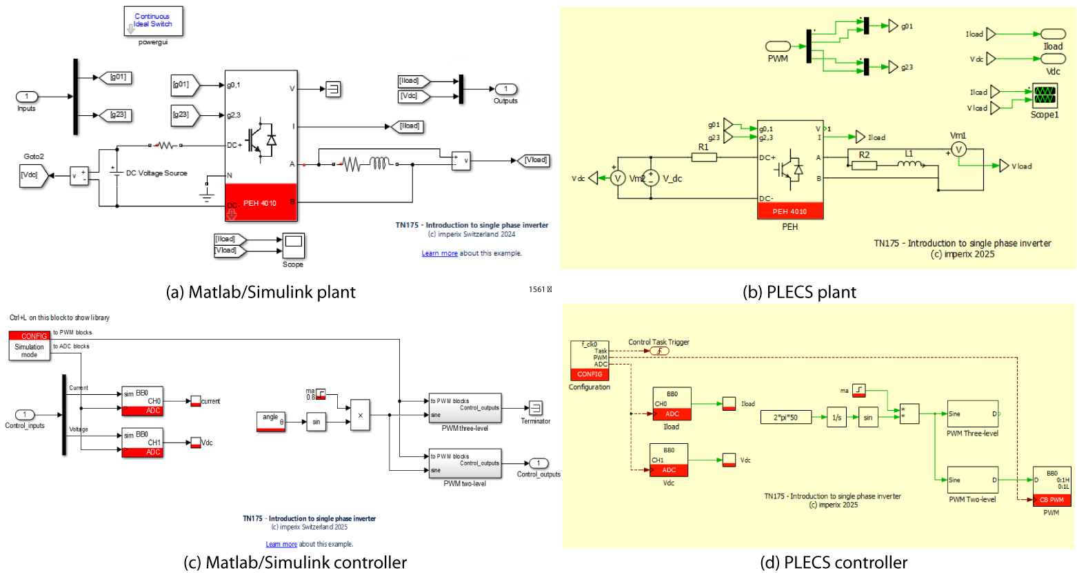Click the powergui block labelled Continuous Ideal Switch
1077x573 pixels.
[x=153, y=21]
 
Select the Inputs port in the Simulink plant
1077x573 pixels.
[x=27, y=97]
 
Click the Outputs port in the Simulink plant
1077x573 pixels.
[x=505, y=89]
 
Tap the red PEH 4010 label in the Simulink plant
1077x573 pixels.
[x=260, y=203]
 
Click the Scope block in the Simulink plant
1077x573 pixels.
[x=293, y=245]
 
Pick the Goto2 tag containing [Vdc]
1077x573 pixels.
[x=33, y=175]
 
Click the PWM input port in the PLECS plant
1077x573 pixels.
[x=778, y=46]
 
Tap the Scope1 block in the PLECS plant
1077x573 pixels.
[x=1045, y=97]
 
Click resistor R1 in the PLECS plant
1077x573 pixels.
[x=704, y=157]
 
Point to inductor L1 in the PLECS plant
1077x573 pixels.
[x=909, y=164]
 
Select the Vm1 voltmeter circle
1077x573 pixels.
[x=958, y=149]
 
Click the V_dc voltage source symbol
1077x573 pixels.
[x=651, y=178]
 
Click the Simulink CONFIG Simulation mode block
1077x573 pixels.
[x=30, y=345]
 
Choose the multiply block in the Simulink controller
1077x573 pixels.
[x=360, y=415]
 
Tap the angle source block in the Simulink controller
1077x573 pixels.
[x=270, y=421]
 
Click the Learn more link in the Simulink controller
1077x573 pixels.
[x=281, y=544]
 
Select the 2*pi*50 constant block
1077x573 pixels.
[x=785, y=417]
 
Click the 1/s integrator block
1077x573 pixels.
[x=836, y=417]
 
